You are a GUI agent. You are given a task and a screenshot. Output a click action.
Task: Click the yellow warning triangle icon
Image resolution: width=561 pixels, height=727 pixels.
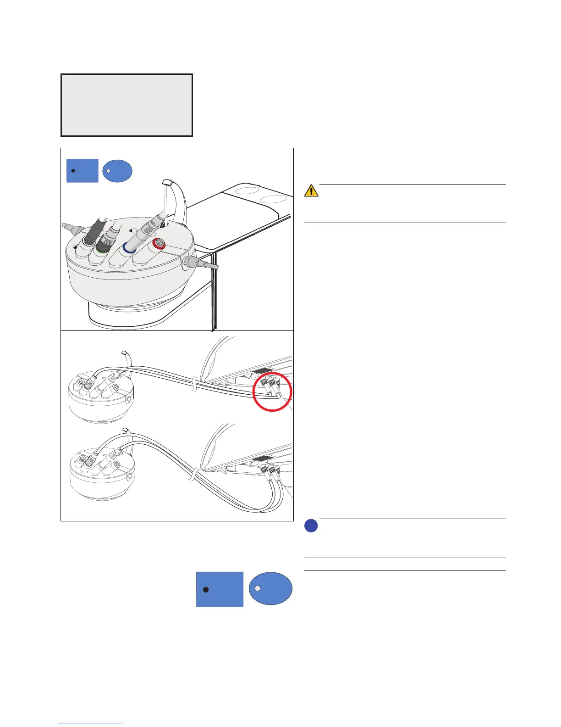(311, 190)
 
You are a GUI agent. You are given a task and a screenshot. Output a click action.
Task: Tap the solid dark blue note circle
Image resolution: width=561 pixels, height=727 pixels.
(311, 526)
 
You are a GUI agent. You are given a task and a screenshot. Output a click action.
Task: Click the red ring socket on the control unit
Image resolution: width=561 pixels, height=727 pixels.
(159, 246)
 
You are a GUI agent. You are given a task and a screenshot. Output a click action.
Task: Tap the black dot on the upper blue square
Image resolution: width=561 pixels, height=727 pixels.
(73, 170)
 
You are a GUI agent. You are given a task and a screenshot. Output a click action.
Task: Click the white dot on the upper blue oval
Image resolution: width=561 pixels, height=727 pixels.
(109, 170)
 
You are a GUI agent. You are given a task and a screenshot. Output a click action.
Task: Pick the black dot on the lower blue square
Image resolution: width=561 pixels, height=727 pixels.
(206, 590)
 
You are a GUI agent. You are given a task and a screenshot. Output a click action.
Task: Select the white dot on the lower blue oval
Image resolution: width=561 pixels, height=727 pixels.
(258, 588)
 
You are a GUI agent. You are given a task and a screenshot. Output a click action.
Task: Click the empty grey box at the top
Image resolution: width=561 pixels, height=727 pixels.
(126, 105)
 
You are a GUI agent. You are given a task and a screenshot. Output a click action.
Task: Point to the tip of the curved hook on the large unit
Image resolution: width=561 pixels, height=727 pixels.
(166, 182)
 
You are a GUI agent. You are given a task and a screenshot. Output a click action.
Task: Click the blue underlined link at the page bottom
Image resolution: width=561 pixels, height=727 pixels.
(91, 723)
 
